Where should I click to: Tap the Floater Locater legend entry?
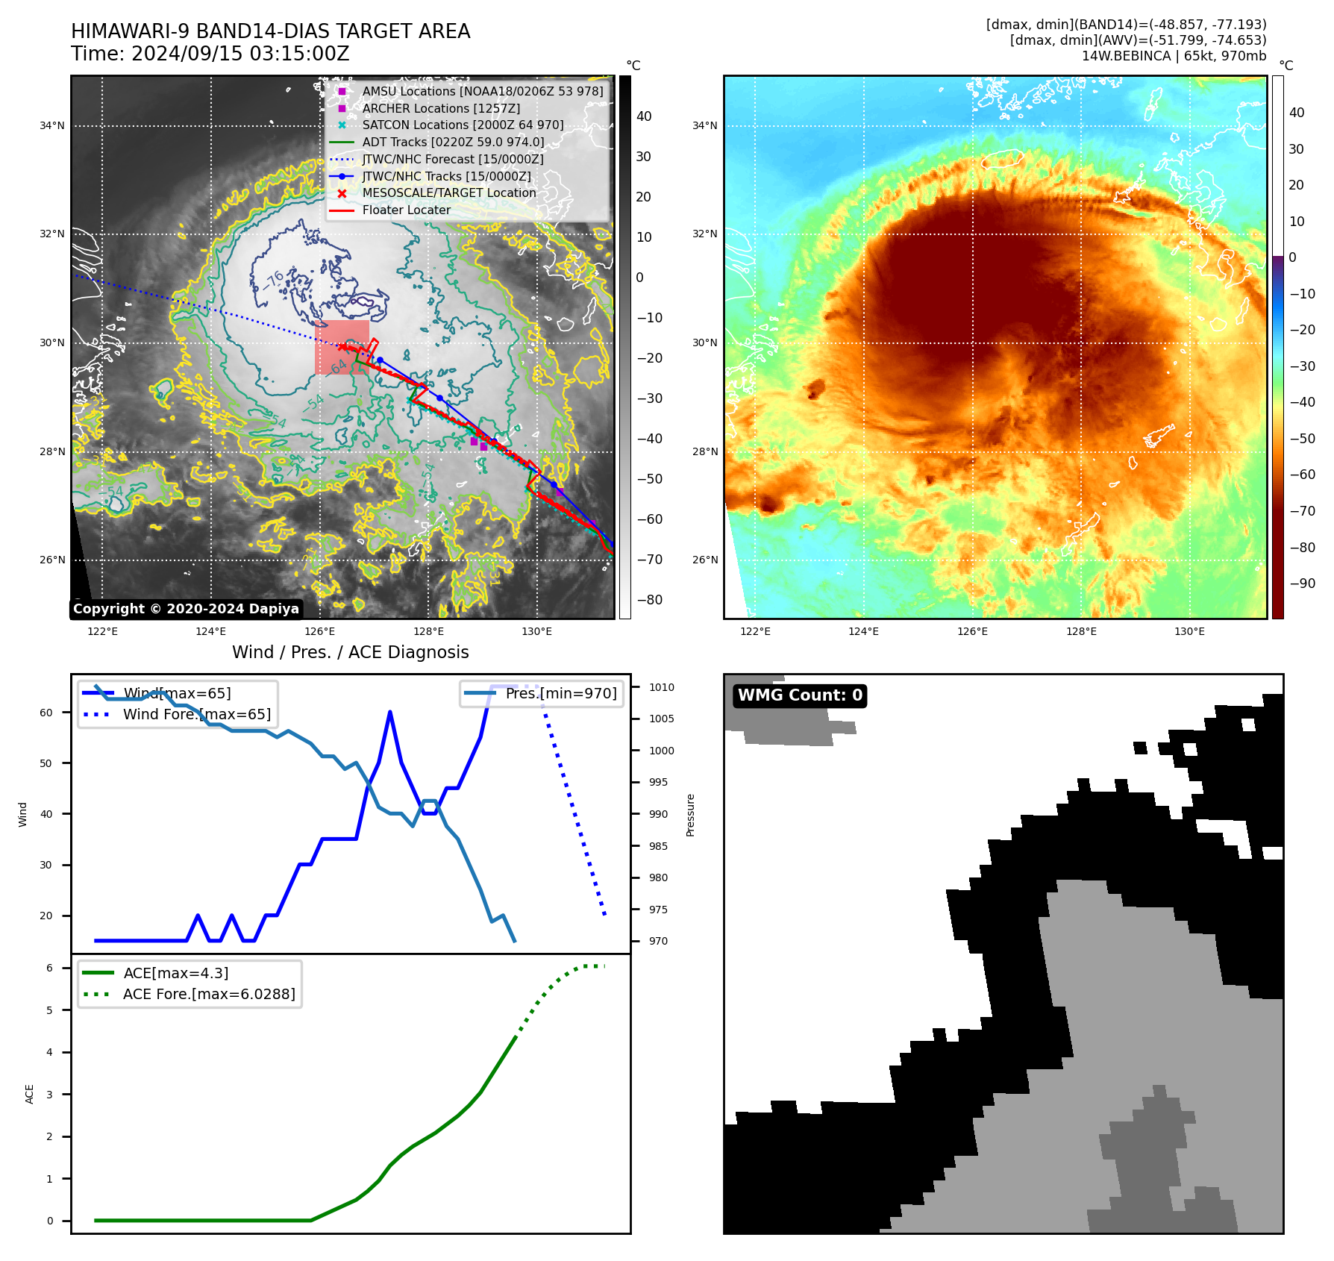[x=406, y=210]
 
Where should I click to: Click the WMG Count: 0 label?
[x=800, y=695]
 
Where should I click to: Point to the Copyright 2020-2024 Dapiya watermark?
[x=186, y=609]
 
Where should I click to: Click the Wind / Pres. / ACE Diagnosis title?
[x=350, y=652]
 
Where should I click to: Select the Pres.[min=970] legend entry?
[x=560, y=693]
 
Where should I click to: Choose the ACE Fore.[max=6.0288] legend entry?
[x=208, y=994]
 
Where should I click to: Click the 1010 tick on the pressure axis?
[x=661, y=687]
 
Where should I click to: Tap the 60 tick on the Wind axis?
[x=46, y=713]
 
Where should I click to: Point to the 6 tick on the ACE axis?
[x=49, y=968]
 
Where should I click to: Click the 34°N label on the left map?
[x=52, y=125]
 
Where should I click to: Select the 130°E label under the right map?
[x=1189, y=631]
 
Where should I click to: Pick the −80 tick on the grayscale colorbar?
[x=649, y=600]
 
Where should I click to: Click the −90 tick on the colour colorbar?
[x=1302, y=583]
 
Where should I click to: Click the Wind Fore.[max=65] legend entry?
[x=196, y=714]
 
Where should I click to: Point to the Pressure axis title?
[x=690, y=815]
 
